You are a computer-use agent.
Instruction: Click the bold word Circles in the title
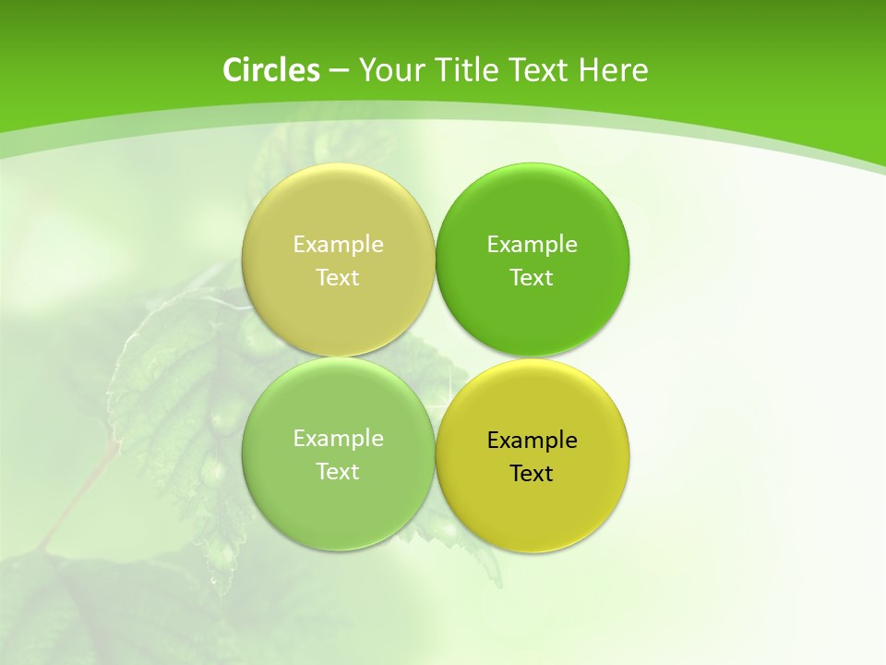tap(271, 70)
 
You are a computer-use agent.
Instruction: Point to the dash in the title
tap(338, 71)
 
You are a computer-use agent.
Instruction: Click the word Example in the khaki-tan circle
tap(338, 245)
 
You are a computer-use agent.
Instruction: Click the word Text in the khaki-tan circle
tap(338, 278)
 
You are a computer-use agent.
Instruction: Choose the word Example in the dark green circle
tap(532, 245)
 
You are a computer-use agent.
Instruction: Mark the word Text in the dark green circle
tap(532, 278)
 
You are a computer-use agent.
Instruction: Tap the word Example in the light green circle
tap(338, 439)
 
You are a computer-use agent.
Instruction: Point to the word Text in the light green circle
tap(338, 472)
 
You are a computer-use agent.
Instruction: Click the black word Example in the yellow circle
tap(532, 441)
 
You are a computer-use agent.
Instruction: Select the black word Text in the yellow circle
tap(532, 474)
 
